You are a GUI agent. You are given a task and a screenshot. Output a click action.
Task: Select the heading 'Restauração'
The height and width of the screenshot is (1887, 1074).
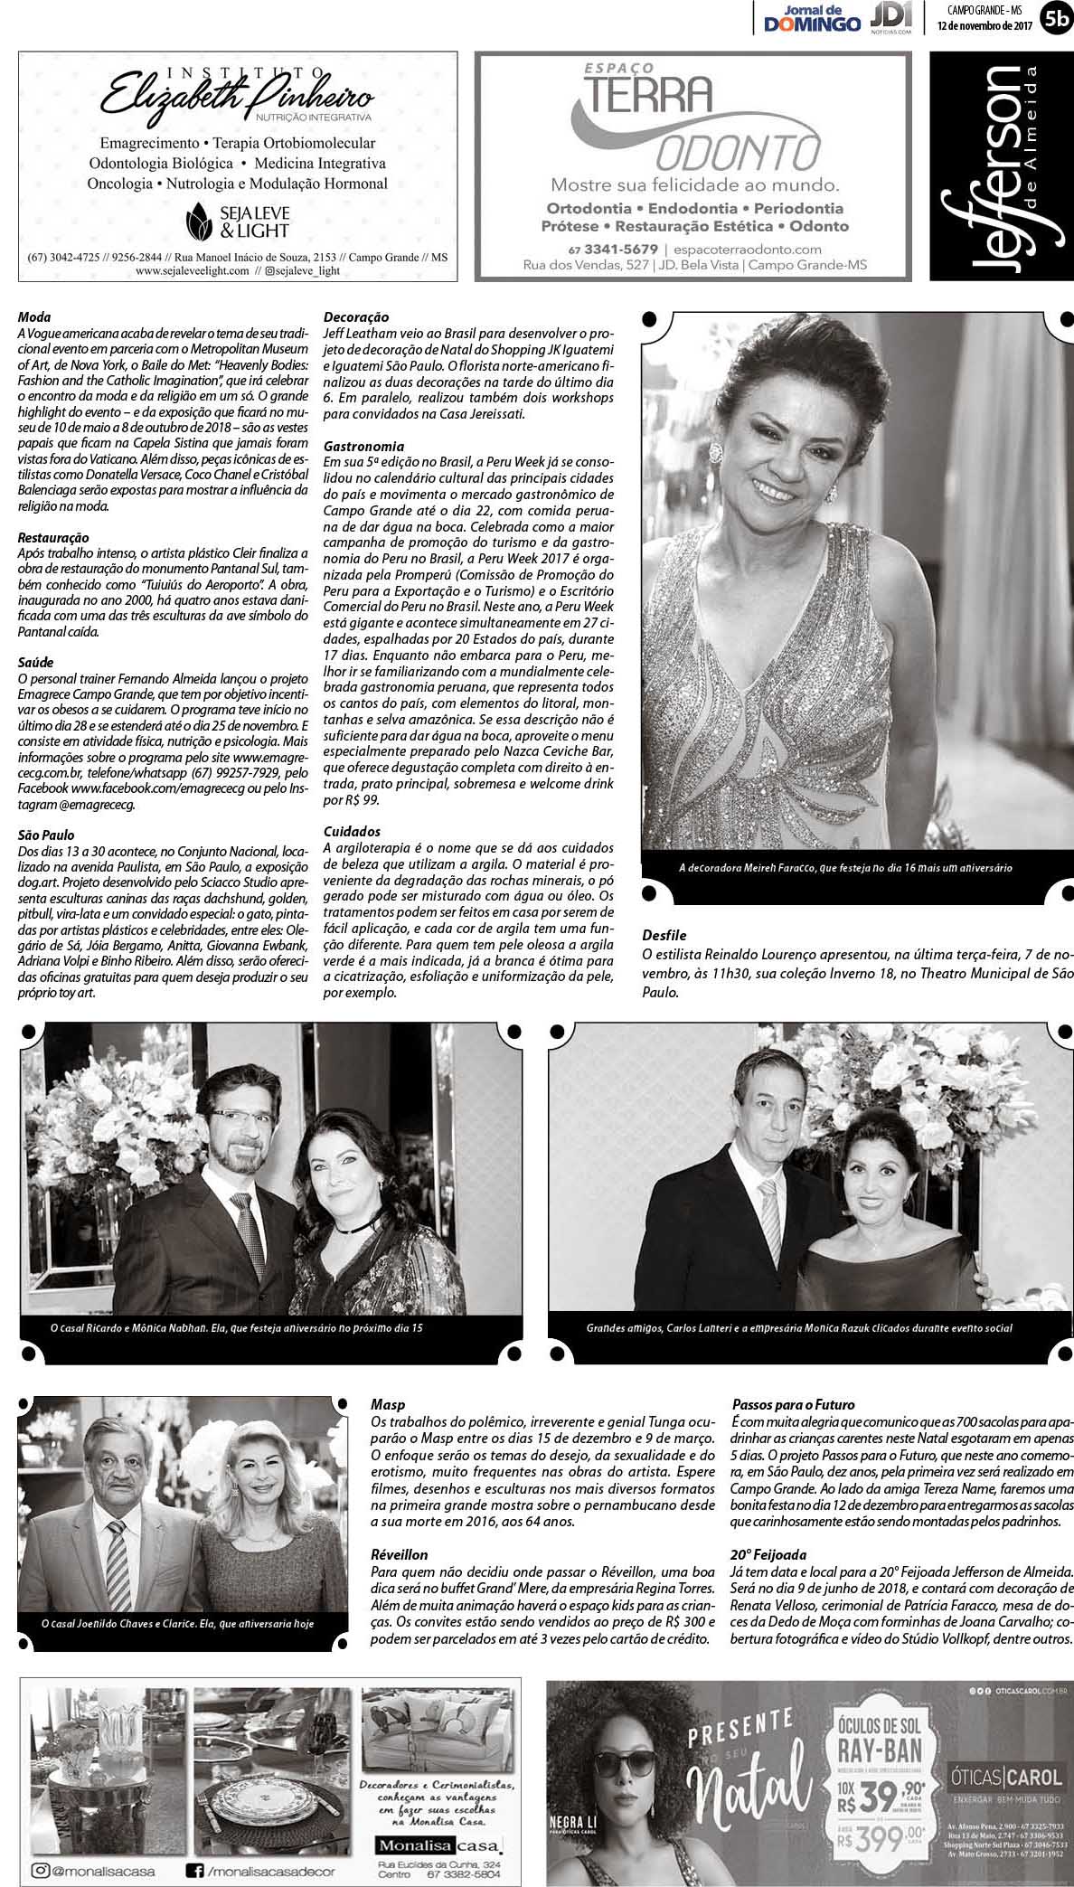(53, 536)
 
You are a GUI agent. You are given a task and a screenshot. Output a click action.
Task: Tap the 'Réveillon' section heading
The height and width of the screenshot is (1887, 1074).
(399, 1553)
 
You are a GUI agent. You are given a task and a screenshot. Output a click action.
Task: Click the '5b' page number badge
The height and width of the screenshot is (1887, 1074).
(1054, 17)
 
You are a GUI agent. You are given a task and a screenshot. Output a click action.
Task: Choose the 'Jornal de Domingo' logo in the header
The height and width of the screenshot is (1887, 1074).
(812, 17)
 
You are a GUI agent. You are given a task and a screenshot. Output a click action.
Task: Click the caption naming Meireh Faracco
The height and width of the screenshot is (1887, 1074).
(845, 867)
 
